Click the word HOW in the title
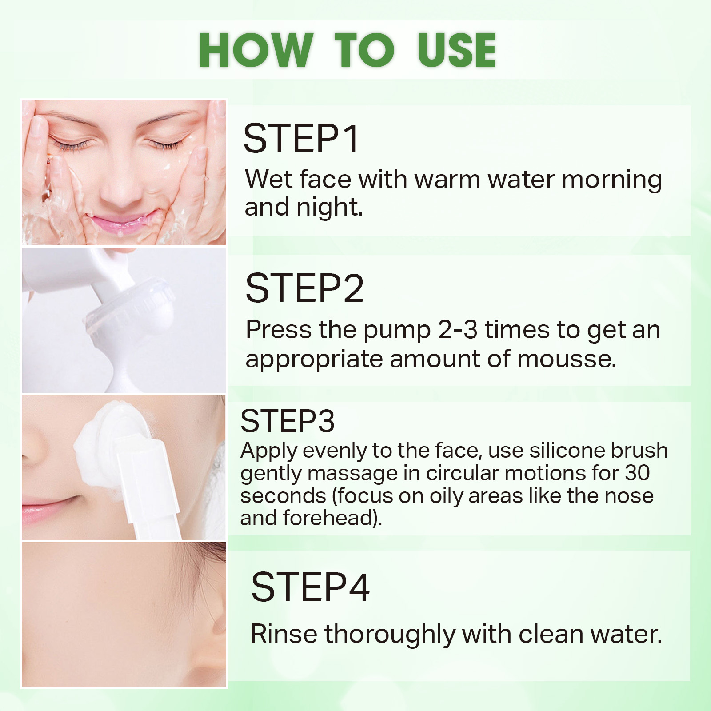[256, 50]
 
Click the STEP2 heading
[304, 288]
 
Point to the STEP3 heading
[287, 420]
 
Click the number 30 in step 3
[637, 473]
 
